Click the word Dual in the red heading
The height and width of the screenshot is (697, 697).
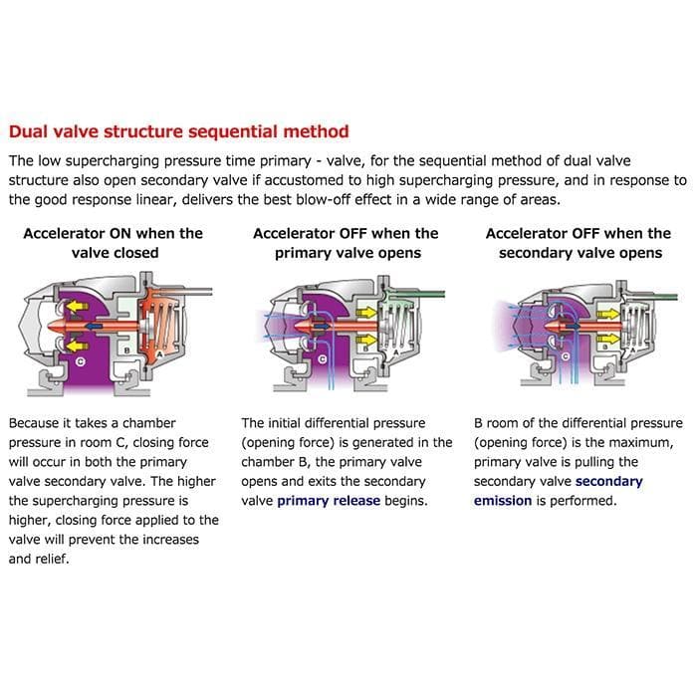click(x=29, y=131)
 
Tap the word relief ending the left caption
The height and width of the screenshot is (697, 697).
click(x=52, y=559)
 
